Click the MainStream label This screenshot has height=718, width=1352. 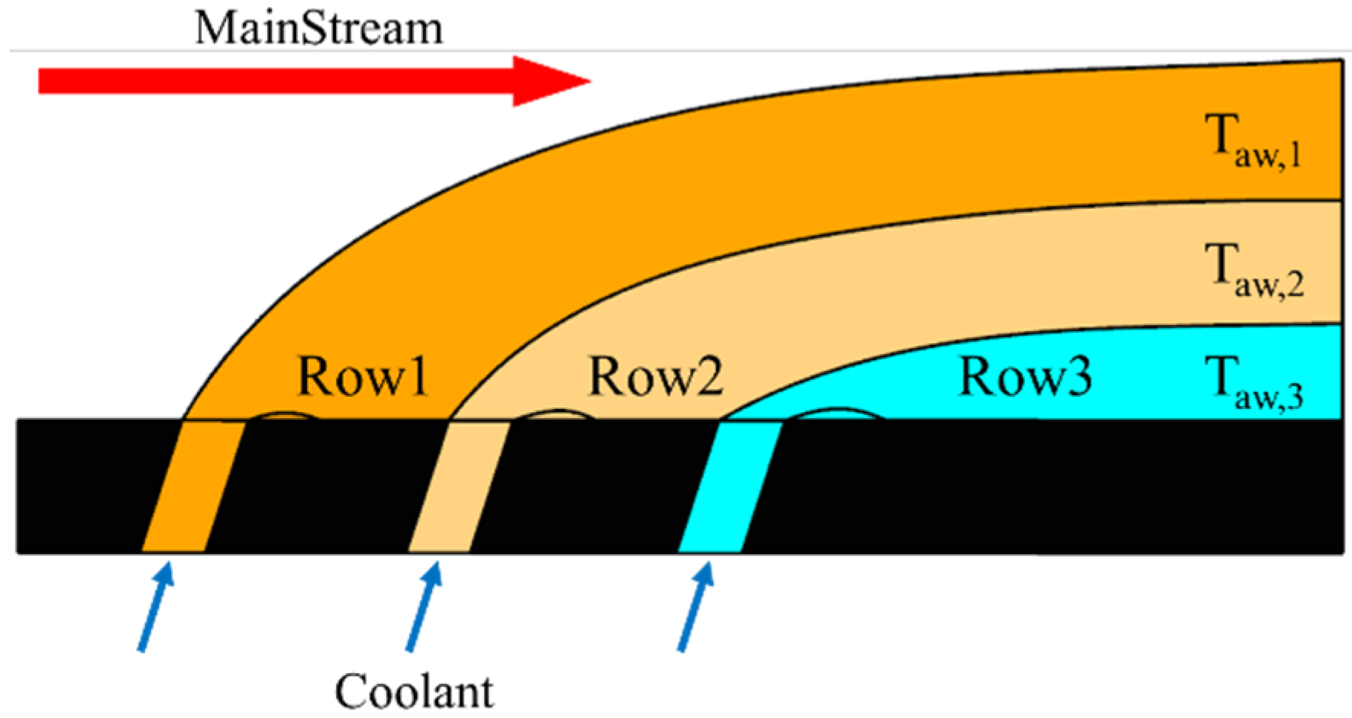318,28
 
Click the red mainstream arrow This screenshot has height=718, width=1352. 305,81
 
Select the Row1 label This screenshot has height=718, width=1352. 362,376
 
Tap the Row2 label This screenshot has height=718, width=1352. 655,376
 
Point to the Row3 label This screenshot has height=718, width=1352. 1024,376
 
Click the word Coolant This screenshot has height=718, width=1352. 415,691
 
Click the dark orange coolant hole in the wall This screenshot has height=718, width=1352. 193,486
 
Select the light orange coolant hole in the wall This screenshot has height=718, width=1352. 459,486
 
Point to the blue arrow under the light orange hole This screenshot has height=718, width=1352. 423,606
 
